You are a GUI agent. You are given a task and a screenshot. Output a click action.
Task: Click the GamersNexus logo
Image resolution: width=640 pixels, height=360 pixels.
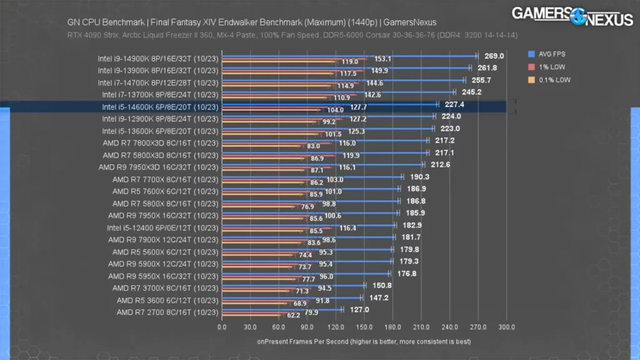coord(572,16)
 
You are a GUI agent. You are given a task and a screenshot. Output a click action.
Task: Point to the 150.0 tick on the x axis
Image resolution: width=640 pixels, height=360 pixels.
coord(364,327)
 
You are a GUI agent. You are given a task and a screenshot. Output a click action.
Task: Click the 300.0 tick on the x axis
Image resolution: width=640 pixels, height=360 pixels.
coord(506,327)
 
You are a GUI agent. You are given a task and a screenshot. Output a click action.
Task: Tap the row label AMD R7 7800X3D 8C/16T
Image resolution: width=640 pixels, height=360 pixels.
coord(161,143)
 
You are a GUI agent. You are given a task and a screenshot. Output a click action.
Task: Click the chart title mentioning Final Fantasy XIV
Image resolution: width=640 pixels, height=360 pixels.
coord(251,22)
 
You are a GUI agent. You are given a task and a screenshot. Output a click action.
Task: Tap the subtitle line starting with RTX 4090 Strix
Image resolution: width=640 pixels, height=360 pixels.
coord(292,35)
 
